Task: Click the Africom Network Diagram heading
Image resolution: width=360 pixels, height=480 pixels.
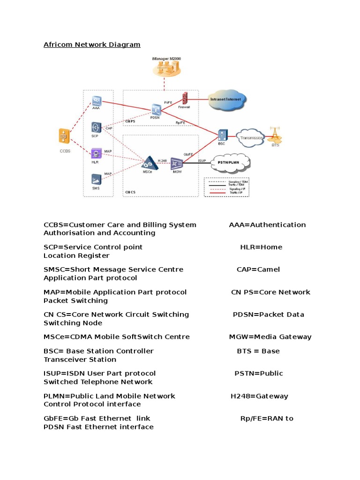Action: click(x=92, y=45)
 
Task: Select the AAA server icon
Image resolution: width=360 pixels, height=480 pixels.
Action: click(x=96, y=101)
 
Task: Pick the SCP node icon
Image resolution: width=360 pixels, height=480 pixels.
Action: click(x=96, y=127)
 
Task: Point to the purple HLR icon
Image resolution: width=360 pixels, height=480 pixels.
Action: click(x=96, y=153)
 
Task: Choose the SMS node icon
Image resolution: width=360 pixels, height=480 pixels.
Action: click(x=96, y=179)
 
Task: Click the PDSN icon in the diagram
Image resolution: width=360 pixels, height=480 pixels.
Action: click(x=156, y=110)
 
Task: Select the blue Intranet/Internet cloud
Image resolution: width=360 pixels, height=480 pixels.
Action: click(x=226, y=99)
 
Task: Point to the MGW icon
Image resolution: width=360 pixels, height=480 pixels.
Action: click(x=176, y=163)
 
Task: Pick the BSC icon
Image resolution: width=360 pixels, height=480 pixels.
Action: click(x=222, y=135)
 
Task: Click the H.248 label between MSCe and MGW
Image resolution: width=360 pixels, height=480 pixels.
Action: click(x=162, y=160)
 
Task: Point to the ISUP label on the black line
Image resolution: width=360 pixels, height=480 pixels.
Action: click(x=202, y=160)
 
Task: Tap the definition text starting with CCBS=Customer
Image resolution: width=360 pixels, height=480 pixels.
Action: click(x=120, y=225)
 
